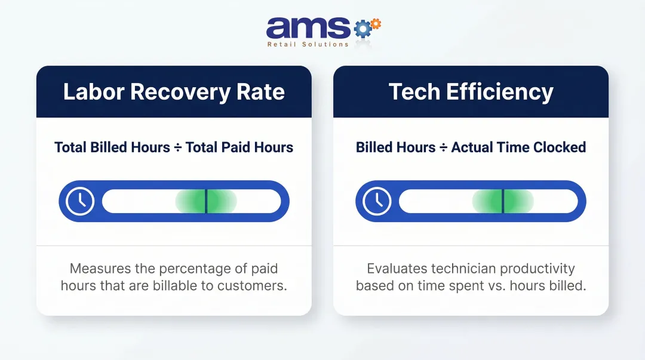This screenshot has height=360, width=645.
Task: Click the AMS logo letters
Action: pos(308,27)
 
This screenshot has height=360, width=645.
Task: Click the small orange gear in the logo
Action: pos(375,23)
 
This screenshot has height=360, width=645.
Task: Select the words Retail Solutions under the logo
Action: pos(308,44)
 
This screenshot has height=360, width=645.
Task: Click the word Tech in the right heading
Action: pos(416,92)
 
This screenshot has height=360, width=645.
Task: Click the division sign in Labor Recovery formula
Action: pos(177,147)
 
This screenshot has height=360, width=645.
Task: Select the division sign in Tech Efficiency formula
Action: pos(443,147)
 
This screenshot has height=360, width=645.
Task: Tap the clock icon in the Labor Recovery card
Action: pos(80,201)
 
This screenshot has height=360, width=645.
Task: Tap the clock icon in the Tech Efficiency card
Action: pos(377,201)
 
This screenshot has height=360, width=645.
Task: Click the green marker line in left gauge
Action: pos(206,201)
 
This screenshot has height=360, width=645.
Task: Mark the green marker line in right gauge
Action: pos(503,201)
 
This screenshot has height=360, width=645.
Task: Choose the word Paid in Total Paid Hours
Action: pos(238,147)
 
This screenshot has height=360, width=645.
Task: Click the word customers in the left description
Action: pos(252,285)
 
